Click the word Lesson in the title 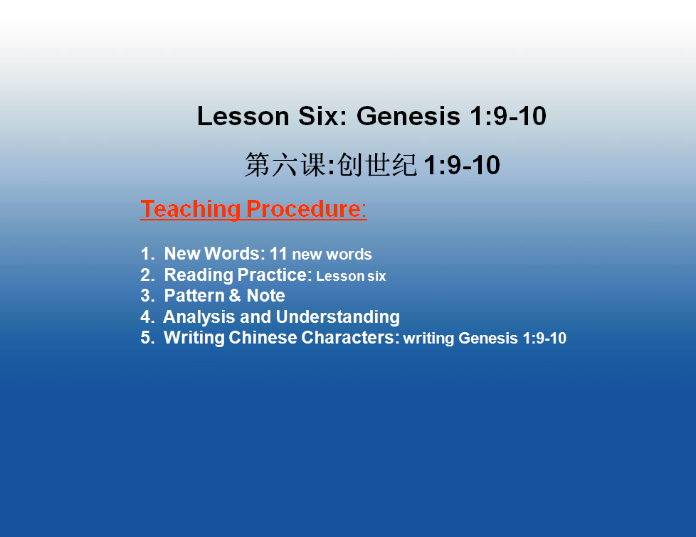pos(243,116)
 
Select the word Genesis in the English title pos(408,116)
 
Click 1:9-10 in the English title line pos(508,116)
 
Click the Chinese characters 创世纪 pos(377,164)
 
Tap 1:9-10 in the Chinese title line pos(462,165)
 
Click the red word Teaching pos(191,209)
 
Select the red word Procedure pos(304,209)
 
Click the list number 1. pos(147,254)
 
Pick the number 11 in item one pos(278,254)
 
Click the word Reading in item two pos(199,275)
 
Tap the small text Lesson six pos(351,276)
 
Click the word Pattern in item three pos(194,296)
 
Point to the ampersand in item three pos(236,296)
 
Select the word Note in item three pos(266,296)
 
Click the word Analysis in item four pos(199,317)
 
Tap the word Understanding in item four pos(338,317)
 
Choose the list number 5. pos(147,337)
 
